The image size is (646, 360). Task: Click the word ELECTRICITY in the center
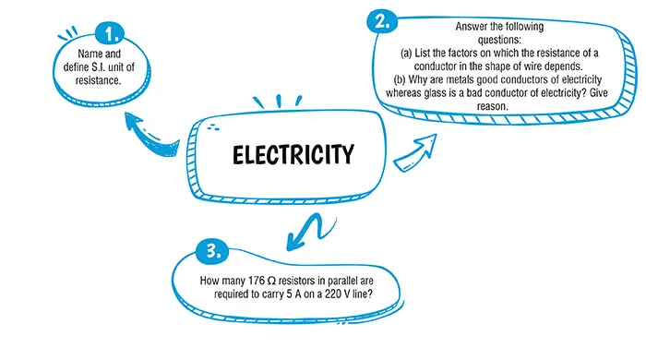click(x=293, y=154)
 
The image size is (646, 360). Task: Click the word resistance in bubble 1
click(x=99, y=81)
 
